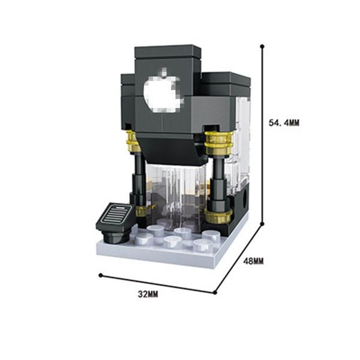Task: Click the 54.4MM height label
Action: point(284,123)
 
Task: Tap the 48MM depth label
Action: point(253,261)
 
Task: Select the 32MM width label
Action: point(148,294)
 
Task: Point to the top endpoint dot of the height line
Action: point(262,46)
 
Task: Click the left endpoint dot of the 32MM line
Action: point(100,275)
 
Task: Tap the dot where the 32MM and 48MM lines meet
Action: point(215,293)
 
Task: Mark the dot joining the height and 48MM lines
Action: point(262,223)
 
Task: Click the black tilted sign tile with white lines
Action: point(114,217)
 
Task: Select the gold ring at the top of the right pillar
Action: point(219,142)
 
